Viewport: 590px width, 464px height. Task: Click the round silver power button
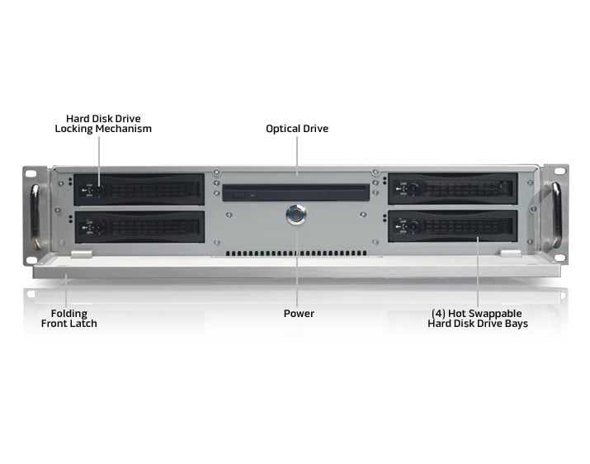(295, 215)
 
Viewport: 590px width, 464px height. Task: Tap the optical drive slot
(296, 192)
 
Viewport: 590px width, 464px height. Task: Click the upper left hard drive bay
(139, 189)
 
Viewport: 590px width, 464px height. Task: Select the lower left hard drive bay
(139, 227)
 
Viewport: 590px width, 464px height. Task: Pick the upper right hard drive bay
(453, 189)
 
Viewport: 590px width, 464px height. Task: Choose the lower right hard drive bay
(453, 226)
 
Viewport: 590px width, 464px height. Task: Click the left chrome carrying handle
(35, 216)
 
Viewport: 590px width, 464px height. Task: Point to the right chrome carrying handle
(556, 215)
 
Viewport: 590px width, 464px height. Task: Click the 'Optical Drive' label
(297, 129)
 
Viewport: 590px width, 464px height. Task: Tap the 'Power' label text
(299, 314)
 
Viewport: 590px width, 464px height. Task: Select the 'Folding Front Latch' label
(68, 319)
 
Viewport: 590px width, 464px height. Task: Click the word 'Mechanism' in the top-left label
(124, 129)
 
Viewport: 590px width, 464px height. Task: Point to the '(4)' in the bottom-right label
(438, 314)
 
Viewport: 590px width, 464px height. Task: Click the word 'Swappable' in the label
(496, 314)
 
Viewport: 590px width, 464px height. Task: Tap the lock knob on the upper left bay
(99, 190)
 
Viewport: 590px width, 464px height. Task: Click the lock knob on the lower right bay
(413, 227)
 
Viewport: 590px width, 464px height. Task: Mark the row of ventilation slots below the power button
(296, 253)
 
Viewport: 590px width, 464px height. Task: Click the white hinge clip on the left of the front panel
(82, 254)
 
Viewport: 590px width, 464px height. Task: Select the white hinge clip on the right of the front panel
(511, 253)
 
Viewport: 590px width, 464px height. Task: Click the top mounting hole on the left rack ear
(31, 173)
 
